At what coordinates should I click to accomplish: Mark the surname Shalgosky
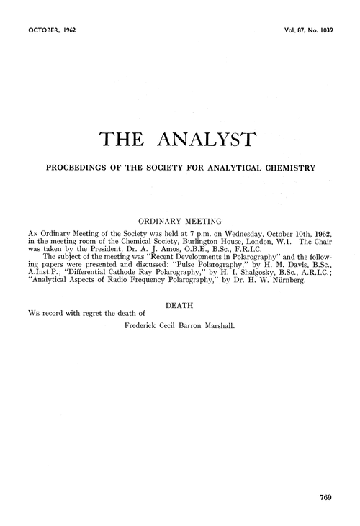point(245,275)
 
